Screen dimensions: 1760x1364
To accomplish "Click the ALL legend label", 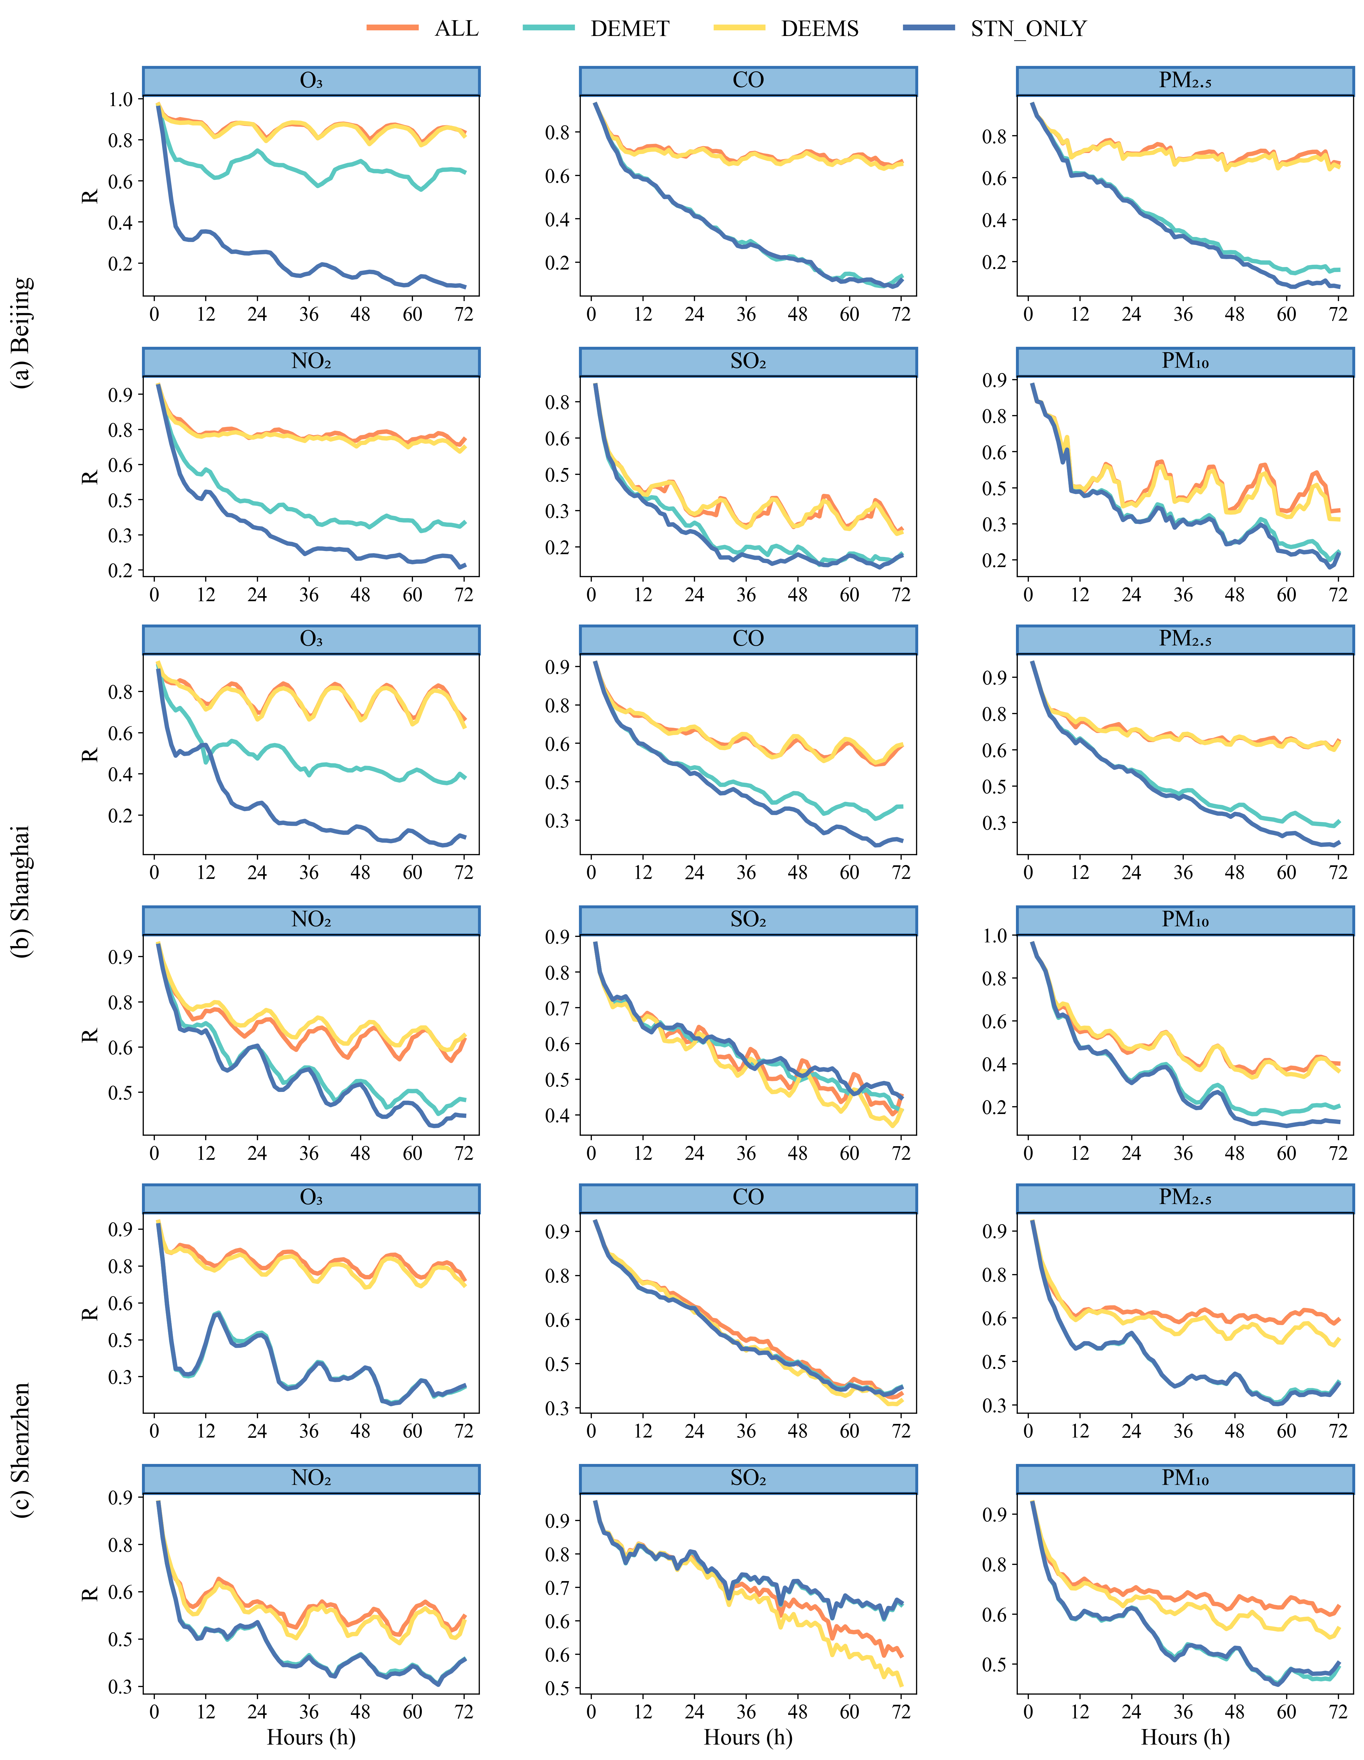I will [x=456, y=29].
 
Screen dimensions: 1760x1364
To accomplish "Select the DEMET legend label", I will [x=629, y=29].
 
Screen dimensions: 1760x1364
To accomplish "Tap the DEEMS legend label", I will [x=819, y=29].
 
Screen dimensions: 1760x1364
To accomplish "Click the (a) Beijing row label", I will [x=22, y=332].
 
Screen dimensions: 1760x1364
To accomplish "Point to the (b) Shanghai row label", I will [x=22, y=891].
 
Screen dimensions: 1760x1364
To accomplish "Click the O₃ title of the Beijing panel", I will [x=311, y=80].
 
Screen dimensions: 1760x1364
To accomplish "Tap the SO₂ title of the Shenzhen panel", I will [x=748, y=1478].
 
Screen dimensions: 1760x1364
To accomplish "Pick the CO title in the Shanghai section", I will [x=748, y=639].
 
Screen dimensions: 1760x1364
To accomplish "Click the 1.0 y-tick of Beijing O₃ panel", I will [x=121, y=99].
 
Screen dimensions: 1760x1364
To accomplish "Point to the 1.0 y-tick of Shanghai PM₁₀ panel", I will [x=995, y=936].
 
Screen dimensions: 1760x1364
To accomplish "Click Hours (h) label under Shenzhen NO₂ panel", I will [x=311, y=1738].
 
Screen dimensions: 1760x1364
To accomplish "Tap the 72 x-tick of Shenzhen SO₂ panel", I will [x=901, y=1712].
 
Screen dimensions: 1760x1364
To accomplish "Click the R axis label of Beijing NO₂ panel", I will [x=90, y=476].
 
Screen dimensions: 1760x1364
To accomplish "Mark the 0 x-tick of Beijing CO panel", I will [x=591, y=314].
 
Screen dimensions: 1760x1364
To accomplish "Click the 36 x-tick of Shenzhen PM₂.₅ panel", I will [x=1183, y=1432].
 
